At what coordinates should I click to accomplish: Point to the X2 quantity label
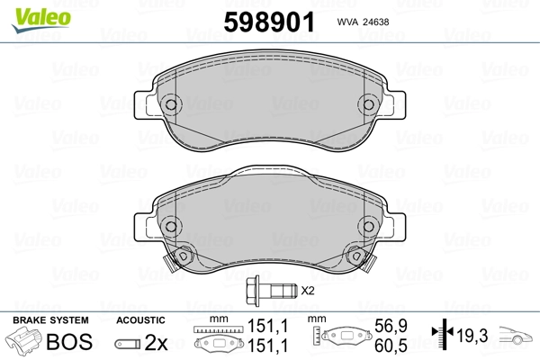(x=307, y=291)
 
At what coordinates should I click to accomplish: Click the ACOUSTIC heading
(x=140, y=320)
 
